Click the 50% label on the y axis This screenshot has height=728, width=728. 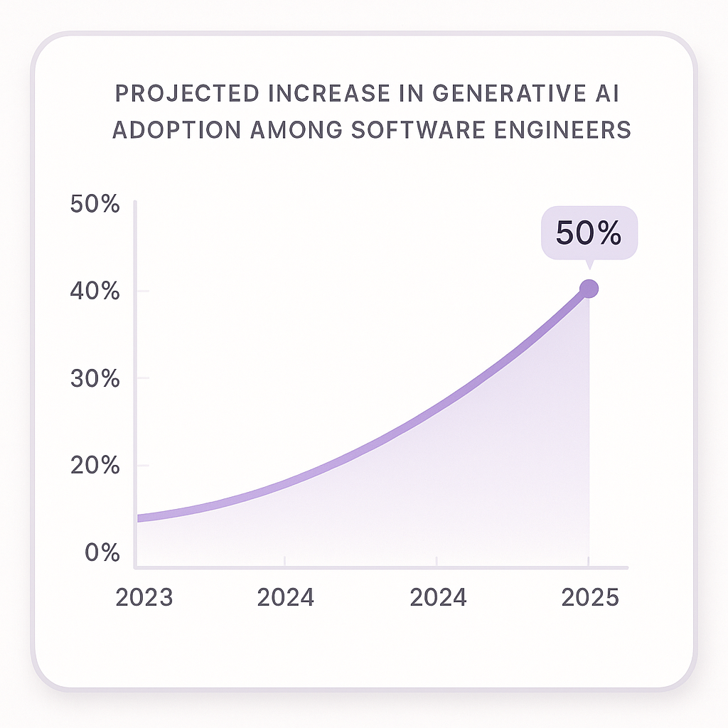[95, 205]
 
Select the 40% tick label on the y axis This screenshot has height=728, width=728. [95, 291]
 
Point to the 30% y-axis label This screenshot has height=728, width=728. [95, 379]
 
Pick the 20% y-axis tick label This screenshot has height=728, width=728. [95, 466]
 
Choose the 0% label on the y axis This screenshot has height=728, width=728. [102, 553]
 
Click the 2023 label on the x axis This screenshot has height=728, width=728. [144, 598]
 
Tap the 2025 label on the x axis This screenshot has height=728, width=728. [590, 598]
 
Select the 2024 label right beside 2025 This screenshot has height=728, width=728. [438, 598]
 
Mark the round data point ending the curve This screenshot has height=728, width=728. [589, 289]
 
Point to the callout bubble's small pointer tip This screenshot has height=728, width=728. [589, 267]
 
